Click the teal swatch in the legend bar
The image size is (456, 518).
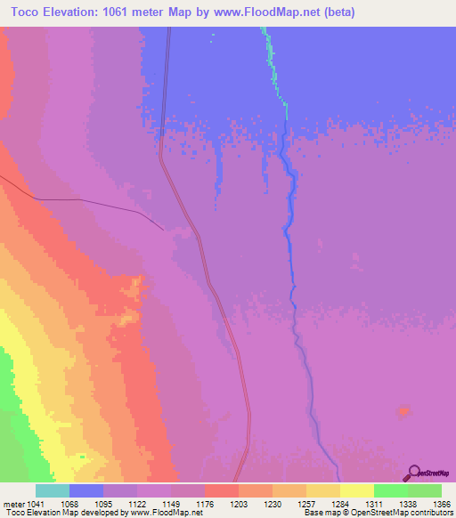click(x=53, y=490)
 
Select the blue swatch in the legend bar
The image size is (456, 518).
click(x=86, y=490)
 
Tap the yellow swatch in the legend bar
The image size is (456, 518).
click(x=357, y=490)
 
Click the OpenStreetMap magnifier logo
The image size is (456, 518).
click(x=412, y=473)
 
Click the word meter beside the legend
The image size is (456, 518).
click(x=12, y=503)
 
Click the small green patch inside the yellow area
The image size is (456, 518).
click(x=82, y=457)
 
